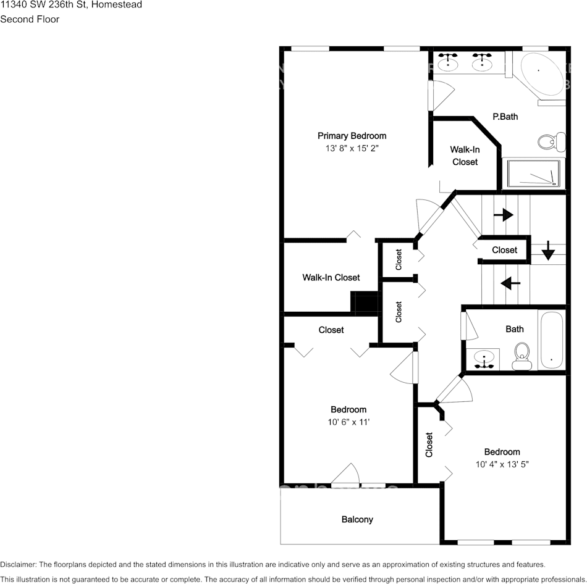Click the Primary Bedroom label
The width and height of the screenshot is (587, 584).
pos(352,136)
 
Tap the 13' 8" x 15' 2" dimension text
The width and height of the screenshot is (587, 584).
pos(352,149)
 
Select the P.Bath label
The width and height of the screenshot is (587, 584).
pos(505,116)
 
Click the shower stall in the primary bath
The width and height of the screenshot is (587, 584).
pos(534,173)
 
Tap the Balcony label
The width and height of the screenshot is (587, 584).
pos(357,519)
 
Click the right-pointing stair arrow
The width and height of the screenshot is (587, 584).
pos(504,215)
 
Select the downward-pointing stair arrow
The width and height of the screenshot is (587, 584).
pos(547,251)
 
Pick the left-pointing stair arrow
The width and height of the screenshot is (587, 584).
pos(510,283)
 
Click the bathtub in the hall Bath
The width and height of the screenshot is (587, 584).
pos(551,341)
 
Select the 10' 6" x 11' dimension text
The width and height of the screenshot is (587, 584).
pos(348,422)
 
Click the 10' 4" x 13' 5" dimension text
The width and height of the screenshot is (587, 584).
pos(502,464)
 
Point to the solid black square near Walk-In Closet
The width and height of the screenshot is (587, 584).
pos(365,302)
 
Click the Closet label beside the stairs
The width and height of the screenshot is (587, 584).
pos(504,250)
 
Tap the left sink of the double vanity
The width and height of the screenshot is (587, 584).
pos(448,62)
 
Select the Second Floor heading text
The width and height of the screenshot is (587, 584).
pos(30,19)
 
